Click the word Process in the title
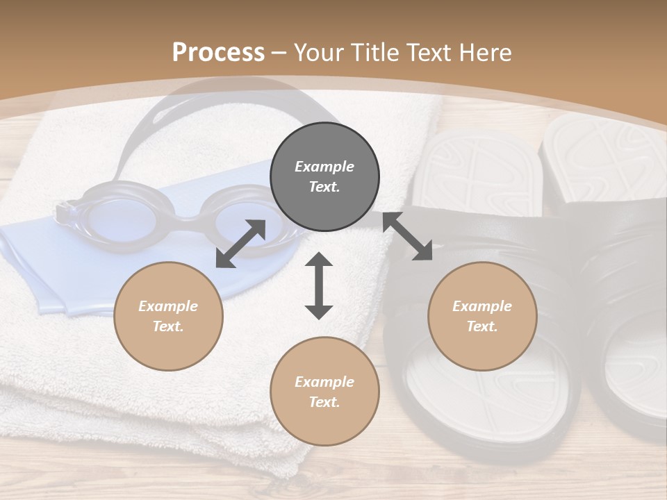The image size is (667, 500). click(x=218, y=53)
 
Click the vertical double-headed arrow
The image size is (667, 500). click(x=319, y=286)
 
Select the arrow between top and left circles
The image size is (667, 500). click(x=240, y=244)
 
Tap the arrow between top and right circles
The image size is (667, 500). click(x=407, y=236)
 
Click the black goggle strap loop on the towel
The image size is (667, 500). click(x=153, y=128)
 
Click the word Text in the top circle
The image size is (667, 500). click(x=324, y=187)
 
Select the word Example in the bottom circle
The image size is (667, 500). click(x=324, y=382)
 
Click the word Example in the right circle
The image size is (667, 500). click(x=482, y=306)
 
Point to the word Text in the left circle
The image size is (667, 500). click(x=168, y=326)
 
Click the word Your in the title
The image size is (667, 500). click(x=316, y=53)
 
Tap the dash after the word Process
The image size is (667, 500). click(x=279, y=53)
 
